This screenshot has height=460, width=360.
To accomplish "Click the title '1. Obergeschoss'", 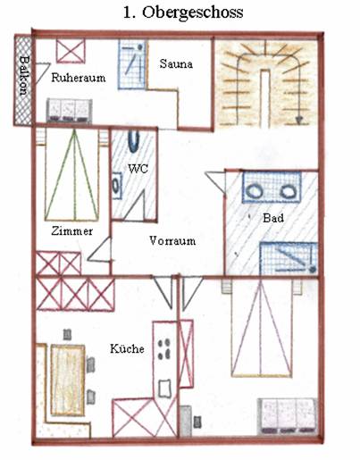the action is pyautogui.click(x=183, y=13).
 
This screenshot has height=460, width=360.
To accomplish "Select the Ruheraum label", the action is pyautogui.click(x=79, y=78).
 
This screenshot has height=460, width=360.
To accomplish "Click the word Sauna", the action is pyautogui.click(x=176, y=63).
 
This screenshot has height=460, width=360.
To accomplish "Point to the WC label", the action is pyautogui.click(x=138, y=169).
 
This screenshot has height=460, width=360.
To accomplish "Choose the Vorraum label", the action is pyautogui.click(x=172, y=240).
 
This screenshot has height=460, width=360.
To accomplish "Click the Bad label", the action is pyautogui.click(x=273, y=218).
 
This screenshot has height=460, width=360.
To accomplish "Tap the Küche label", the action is pyautogui.click(x=127, y=348).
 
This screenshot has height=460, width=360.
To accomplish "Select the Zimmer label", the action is pyautogui.click(x=71, y=231).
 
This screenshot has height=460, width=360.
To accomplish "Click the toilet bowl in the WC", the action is pyautogui.click(x=134, y=141).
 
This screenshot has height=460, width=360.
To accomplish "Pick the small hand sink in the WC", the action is pyautogui.click(x=116, y=186).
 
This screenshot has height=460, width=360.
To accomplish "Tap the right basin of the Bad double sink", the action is pyautogui.click(x=288, y=192).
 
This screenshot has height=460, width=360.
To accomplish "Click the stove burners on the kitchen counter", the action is pyautogui.click(x=164, y=349).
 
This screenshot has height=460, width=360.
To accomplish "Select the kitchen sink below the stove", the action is pyautogui.click(x=164, y=388).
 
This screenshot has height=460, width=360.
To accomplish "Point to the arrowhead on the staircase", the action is pyautogui.click(x=298, y=120).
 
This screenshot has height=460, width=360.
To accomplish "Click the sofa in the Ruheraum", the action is pyautogui.click(x=69, y=111).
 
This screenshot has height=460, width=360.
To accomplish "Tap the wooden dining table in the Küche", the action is pyautogui.click(x=68, y=381).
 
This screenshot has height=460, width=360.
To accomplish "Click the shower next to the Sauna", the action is pyautogui.click(x=132, y=64).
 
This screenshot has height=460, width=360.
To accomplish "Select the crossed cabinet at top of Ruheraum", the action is pyautogui.click(x=71, y=51).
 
